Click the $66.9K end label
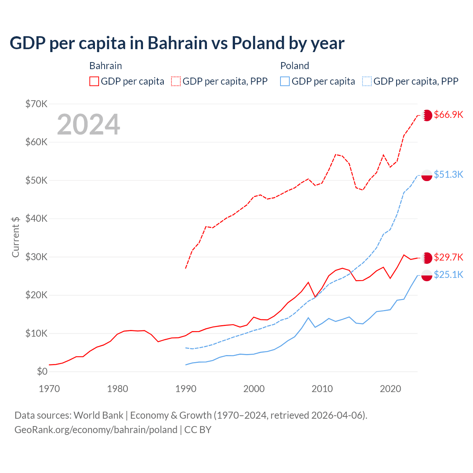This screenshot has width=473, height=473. (448, 115)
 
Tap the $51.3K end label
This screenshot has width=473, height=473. (448, 174)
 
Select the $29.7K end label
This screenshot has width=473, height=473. (448, 257)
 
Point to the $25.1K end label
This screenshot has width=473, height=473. (448, 275)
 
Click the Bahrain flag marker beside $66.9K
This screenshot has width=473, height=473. (427, 115)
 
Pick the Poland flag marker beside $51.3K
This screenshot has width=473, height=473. (427, 175)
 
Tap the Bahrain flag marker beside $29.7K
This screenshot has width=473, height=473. (427, 258)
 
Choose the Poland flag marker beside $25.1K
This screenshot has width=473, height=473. (427, 275)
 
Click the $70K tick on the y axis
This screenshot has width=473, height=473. (36, 104)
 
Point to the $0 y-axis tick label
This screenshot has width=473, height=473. (42, 371)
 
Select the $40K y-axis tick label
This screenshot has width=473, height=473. (36, 218)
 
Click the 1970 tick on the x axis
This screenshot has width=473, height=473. (49, 389)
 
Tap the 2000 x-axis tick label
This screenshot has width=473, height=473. (254, 389)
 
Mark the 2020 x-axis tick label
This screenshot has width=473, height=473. (390, 389)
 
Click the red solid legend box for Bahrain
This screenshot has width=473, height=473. (94, 81)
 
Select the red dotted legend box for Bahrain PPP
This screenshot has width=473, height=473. (176, 81)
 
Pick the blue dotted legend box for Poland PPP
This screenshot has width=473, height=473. (367, 81)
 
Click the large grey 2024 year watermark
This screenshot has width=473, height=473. (88, 125)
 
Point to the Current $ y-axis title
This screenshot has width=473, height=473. (16, 237)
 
